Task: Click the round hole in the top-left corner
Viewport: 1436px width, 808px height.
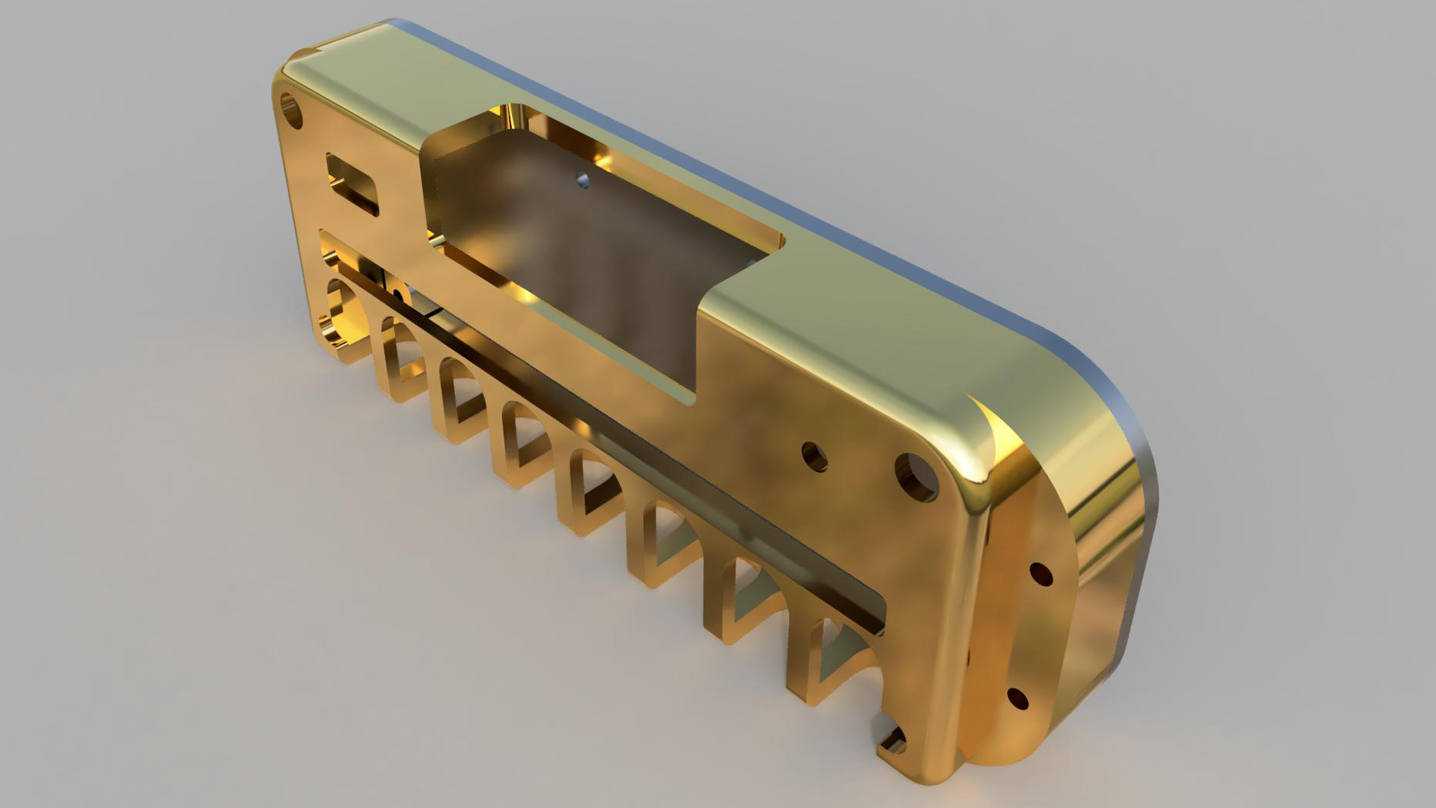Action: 292,109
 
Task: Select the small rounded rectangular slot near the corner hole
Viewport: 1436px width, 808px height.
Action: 353,183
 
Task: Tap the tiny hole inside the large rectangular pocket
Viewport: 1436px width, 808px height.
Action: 583,181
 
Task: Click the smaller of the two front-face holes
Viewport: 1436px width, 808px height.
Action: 815,456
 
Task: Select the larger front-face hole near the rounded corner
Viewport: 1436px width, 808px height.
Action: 916,475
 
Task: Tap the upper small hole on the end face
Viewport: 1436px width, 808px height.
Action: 1040,574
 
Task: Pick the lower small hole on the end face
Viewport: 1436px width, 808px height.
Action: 1017,699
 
